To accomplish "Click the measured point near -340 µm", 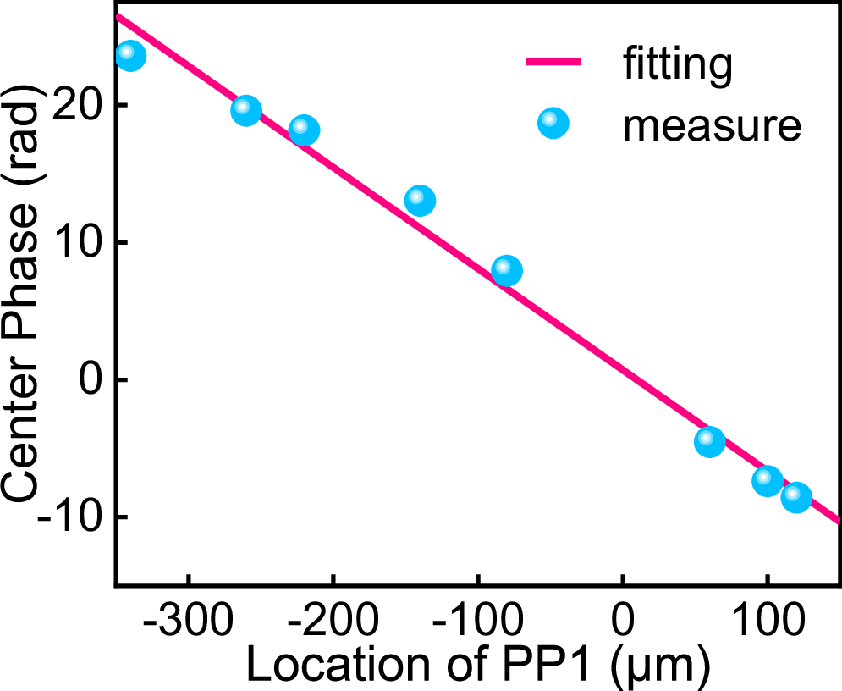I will click(x=129, y=55).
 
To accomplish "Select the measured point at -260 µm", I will click(x=246, y=110).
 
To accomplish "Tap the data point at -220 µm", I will click(x=304, y=131).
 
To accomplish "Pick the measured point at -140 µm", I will click(x=420, y=201).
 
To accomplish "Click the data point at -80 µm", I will click(x=507, y=271).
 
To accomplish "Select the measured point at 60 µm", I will click(x=709, y=441).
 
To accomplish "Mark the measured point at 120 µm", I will click(x=796, y=497).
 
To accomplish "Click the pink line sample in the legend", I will click(x=553, y=63).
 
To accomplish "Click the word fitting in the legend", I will click(x=677, y=65).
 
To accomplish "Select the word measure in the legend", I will click(x=711, y=125).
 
